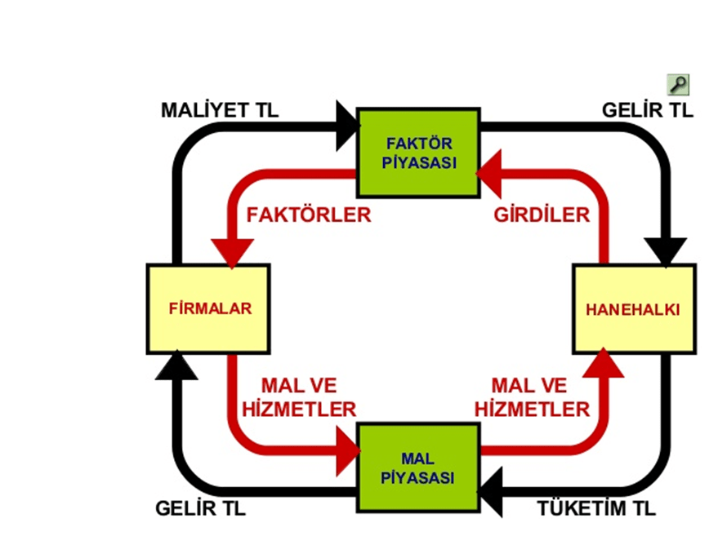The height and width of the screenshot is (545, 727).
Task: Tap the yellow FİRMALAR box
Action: pyautogui.click(x=210, y=308)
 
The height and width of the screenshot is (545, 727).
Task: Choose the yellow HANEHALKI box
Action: pyautogui.click(x=633, y=309)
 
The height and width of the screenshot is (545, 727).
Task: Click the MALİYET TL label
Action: pyautogui.click(x=219, y=109)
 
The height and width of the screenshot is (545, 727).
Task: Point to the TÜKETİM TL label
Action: pyautogui.click(x=596, y=508)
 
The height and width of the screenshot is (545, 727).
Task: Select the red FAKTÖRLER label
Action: pyautogui.click(x=309, y=215)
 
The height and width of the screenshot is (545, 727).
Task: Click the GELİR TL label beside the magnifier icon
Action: pyautogui.click(x=647, y=109)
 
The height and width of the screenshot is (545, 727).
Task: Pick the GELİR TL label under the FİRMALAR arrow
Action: pyautogui.click(x=199, y=508)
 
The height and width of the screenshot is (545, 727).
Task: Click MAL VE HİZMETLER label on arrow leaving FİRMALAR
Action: pyautogui.click(x=299, y=397)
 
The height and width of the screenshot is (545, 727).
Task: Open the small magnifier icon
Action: pyautogui.click(x=678, y=83)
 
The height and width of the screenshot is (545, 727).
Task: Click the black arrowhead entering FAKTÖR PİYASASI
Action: pyautogui.click(x=346, y=123)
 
